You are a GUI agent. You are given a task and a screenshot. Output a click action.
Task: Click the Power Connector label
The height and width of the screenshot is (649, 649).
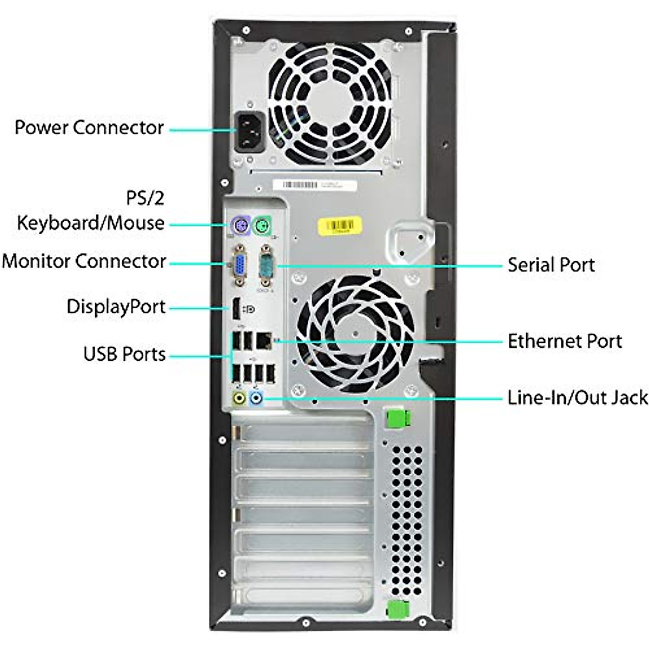click(x=89, y=128)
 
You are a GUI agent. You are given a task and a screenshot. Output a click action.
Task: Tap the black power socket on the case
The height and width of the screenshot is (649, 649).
click(x=249, y=133)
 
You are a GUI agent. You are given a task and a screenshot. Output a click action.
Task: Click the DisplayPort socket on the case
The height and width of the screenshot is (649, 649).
click(x=236, y=309)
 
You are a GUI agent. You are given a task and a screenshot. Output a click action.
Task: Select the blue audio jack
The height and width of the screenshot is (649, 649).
click(x=256, y=399)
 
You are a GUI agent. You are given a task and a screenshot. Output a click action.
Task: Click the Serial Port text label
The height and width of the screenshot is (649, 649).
click(x=551, y=265)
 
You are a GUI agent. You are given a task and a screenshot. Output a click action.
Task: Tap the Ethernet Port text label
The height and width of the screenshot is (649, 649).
click(x=564, y=341)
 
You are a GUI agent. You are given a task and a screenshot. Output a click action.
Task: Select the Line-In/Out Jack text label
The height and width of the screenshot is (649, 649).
click(x=577, y=398)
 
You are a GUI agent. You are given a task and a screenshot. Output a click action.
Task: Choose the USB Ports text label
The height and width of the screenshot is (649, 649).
click(x=124, y=354)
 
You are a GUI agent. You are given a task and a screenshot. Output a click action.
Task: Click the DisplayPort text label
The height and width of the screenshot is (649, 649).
click(x=116, y=307)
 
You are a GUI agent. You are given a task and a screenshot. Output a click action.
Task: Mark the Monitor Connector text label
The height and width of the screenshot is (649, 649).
click(x=84, y=261)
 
